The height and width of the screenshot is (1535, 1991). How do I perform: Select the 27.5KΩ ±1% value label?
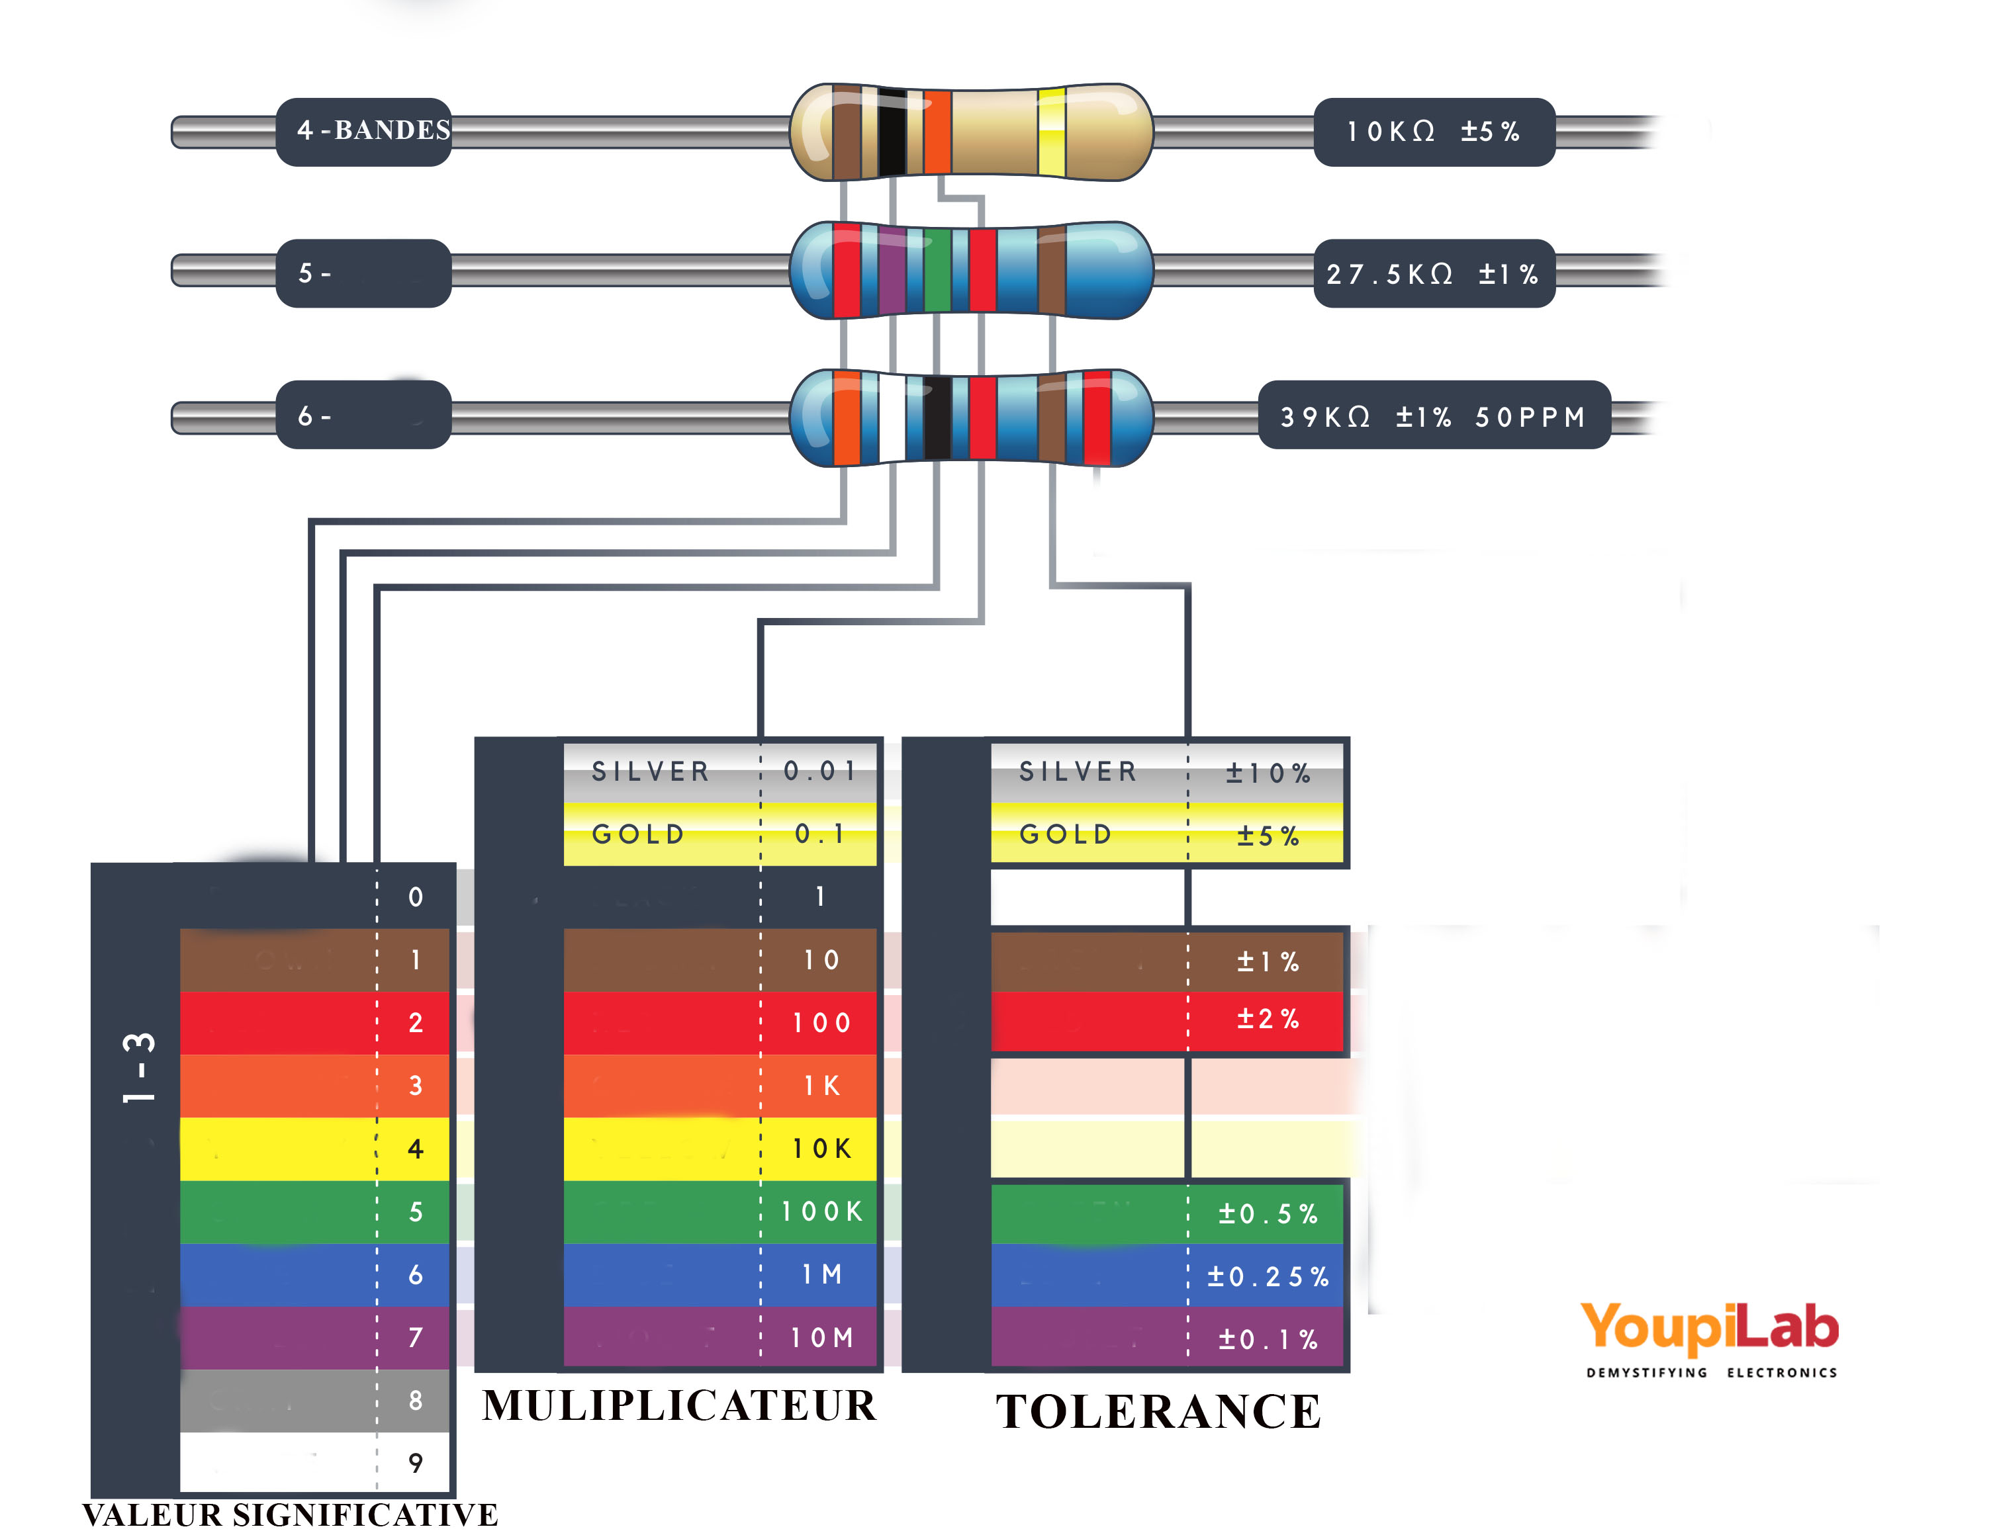click(1433, 273)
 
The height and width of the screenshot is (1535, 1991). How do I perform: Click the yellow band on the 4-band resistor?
click(1051, 132)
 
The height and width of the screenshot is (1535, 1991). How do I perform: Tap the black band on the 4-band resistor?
click(892, 132)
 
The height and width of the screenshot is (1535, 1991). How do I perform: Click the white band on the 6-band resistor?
click(892, 417)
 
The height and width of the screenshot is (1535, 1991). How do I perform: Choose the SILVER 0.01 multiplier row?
click(720, 771)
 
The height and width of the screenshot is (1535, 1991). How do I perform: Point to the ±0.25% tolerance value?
click(1267, 1276)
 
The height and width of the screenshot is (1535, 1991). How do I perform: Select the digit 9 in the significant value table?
click(416, 1463)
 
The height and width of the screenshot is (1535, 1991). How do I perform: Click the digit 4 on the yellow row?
click(416, 1149)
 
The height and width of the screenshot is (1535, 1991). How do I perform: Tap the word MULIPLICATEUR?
click(679, 1405)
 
